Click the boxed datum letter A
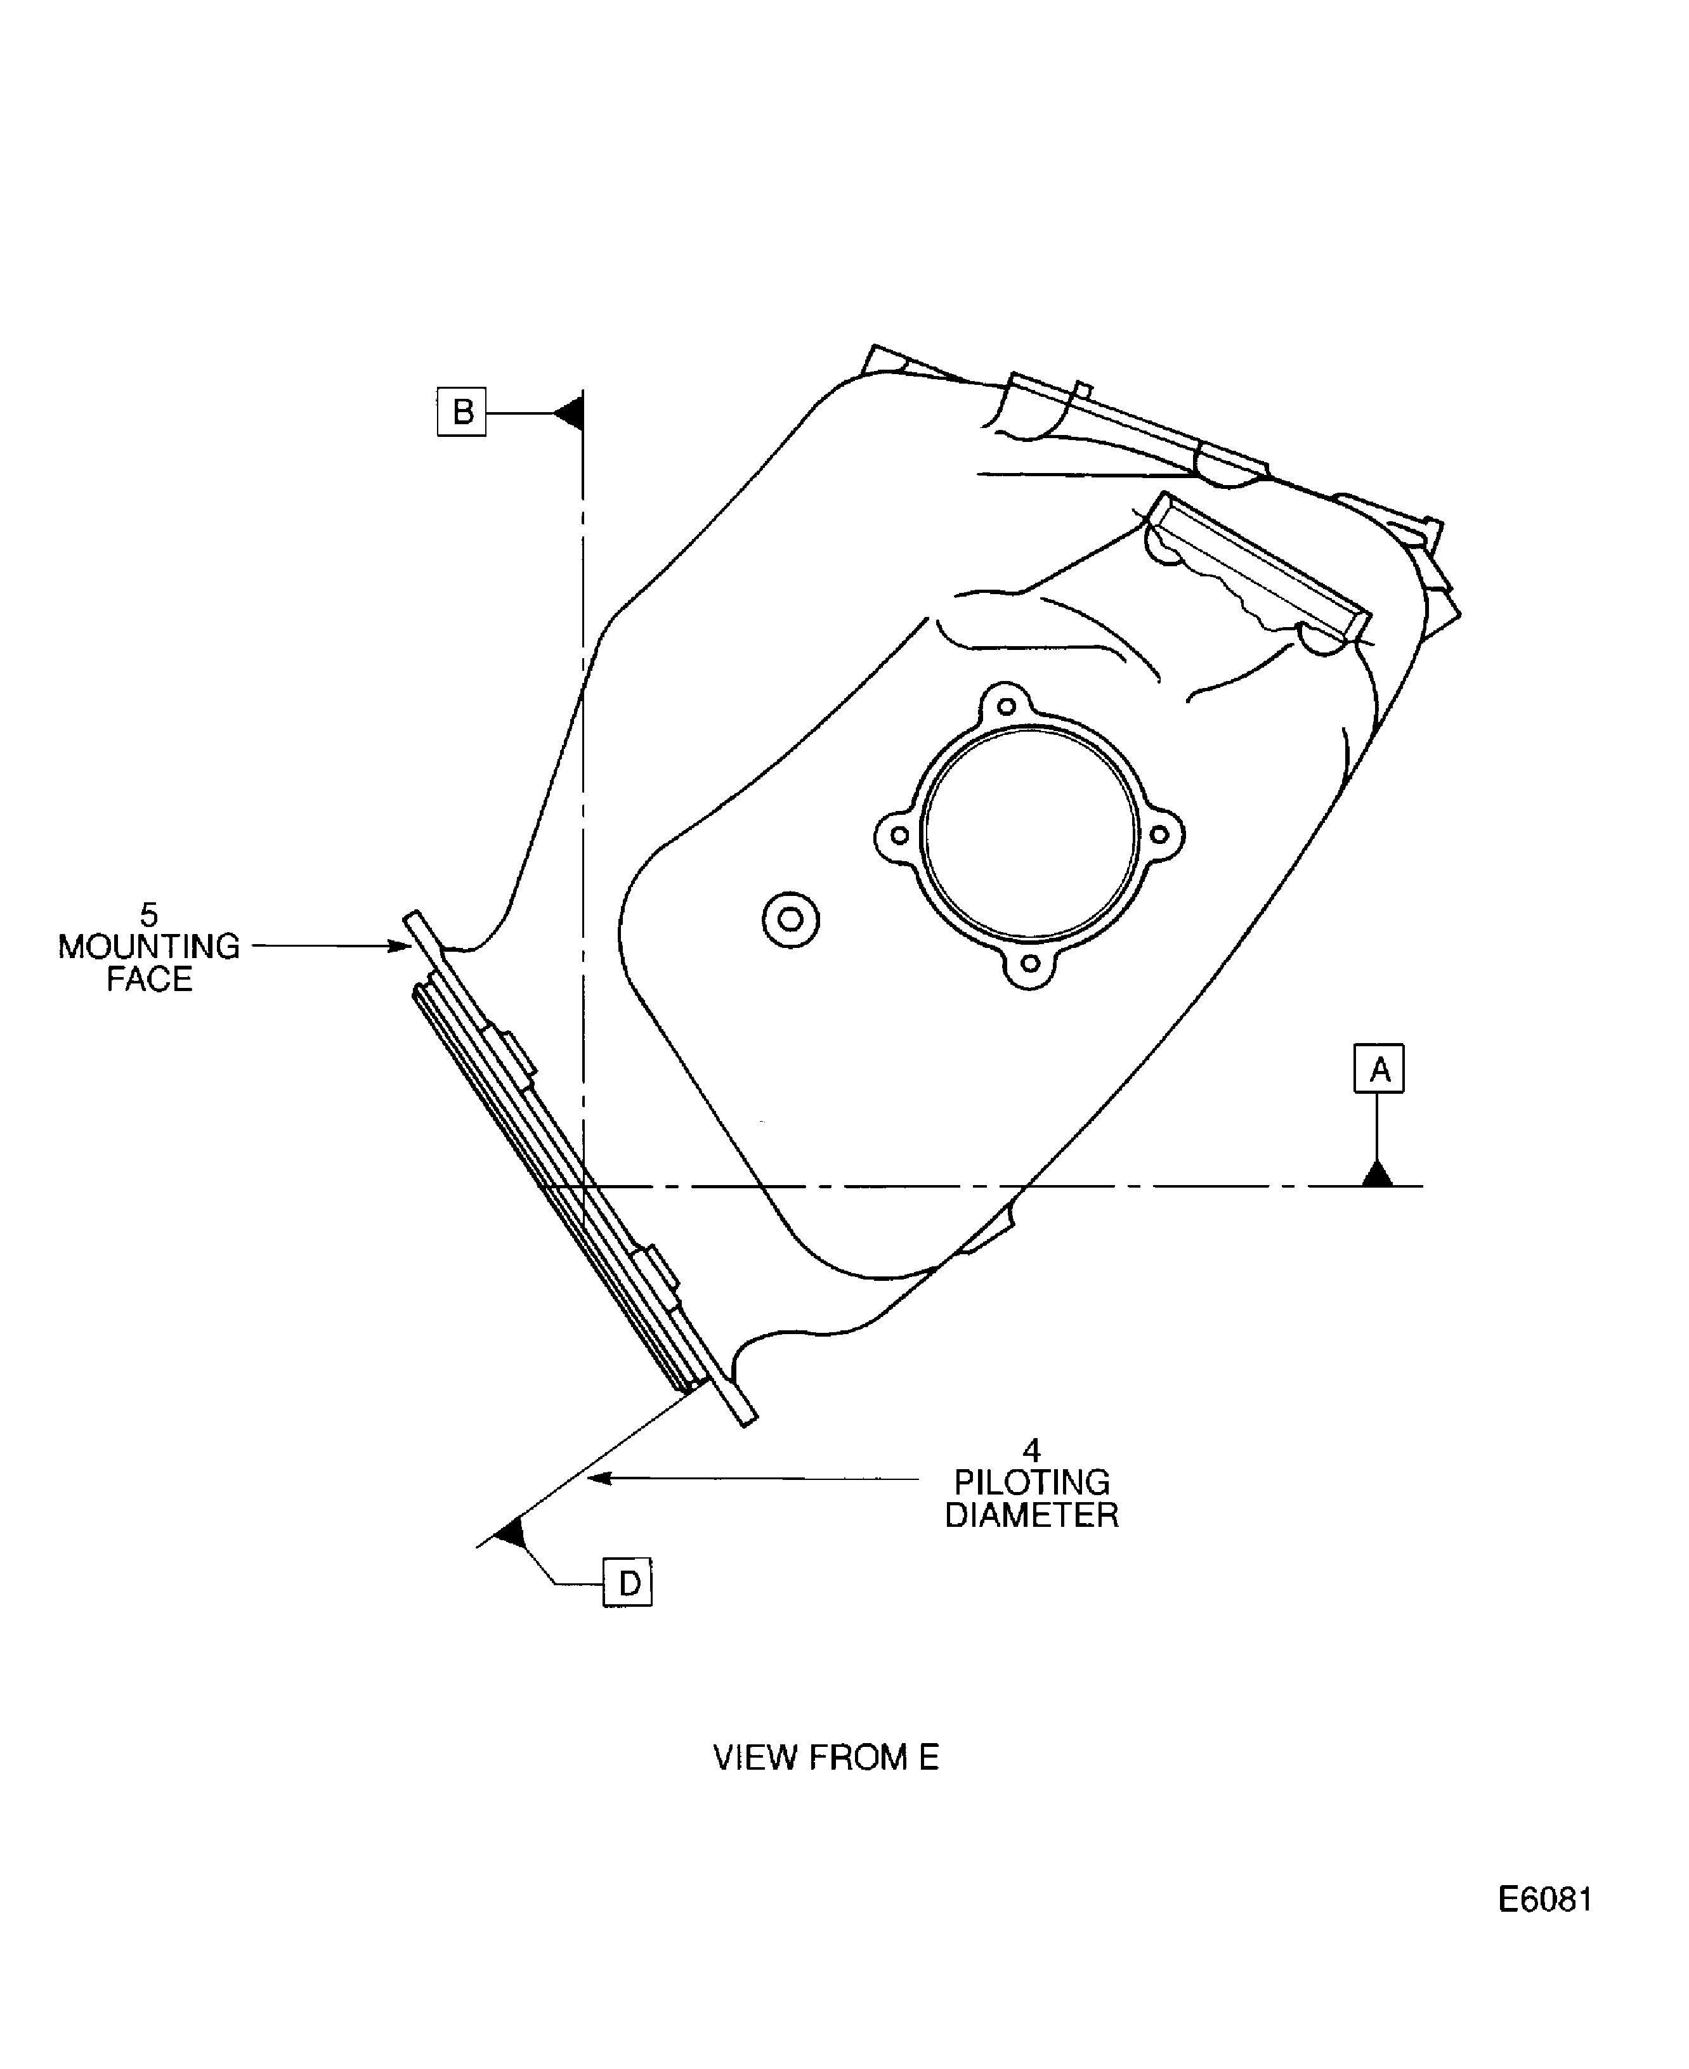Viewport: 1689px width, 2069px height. tap(1379, 1069)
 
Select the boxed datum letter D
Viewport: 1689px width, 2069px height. tap(627, 1583)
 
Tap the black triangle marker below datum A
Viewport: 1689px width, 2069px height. tap(1377, 1175)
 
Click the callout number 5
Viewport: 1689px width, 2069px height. tap(149, 914)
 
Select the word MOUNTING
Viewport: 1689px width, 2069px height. tap(149, 947)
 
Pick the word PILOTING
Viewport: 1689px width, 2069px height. tap(1031, 1482)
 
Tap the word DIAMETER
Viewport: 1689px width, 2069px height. tap(1031, 1515)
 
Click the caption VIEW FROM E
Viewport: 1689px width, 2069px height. tap(825, 1758)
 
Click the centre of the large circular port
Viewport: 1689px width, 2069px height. tap(1029, 834)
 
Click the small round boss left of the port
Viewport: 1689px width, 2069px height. tap(790, 919)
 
